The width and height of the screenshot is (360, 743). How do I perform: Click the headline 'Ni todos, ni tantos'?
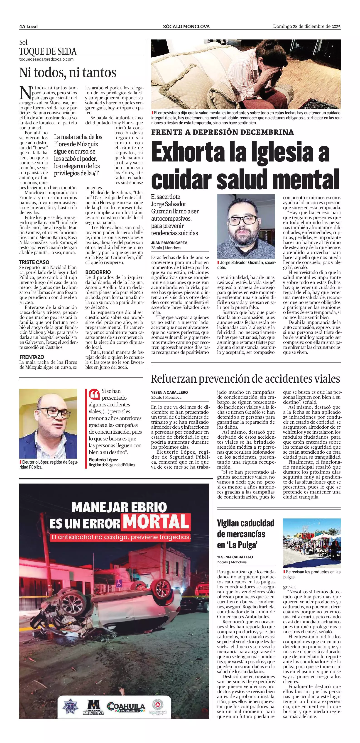coord(68,73)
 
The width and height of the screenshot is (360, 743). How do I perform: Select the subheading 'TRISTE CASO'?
coord(34,262)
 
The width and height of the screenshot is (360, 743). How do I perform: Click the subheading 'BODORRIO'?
coord(98,272)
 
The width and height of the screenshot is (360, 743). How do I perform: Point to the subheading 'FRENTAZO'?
coord(32,357)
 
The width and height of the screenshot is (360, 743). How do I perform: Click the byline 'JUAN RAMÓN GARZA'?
coord(169,243)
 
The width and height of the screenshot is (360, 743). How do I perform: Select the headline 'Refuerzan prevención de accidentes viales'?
coord(245,379)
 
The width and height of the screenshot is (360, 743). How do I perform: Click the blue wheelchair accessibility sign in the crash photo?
coord(119,583)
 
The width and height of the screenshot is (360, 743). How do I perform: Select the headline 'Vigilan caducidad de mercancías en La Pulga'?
coord(245,534)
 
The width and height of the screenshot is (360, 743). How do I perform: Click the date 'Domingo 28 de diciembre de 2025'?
coord(307,27)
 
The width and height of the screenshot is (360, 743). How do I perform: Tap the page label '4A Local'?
coord(29,27)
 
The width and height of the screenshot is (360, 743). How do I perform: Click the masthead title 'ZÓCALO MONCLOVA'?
coord(186,27)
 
